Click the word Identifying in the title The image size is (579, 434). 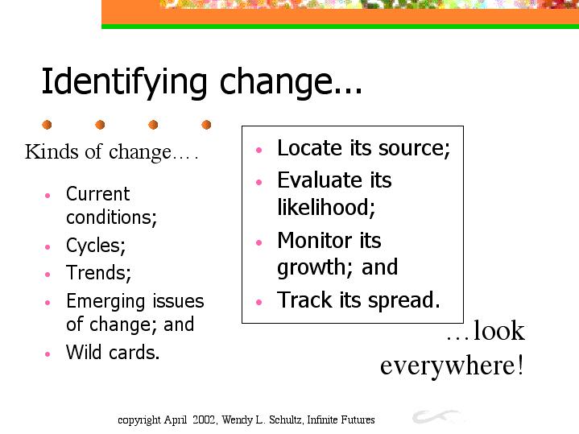point(124,83)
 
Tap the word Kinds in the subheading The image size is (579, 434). point(52,151)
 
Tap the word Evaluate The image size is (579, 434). point(320,180)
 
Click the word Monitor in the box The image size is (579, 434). point(315,241)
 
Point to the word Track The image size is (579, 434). point(304,300)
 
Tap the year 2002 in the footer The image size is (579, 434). point(204,420)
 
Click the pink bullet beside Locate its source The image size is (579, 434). point(258,150)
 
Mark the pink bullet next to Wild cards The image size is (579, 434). point(48,354)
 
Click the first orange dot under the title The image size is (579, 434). point(47,125)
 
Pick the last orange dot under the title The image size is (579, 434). point(206,125)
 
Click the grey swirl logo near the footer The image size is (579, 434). point(436,416)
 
